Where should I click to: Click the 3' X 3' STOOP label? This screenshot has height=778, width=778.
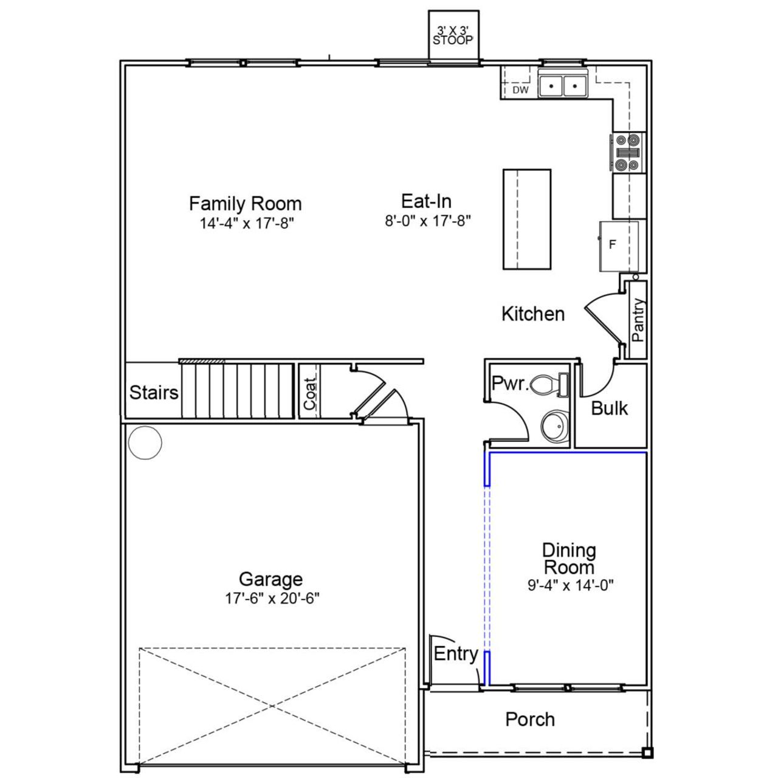coord(453,36)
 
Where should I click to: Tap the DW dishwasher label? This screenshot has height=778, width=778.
coord(520,91)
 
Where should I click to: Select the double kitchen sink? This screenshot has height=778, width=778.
coord(562,86)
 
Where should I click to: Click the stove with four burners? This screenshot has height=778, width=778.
coord(628,152)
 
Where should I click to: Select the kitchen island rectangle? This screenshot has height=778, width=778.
coord(526,219)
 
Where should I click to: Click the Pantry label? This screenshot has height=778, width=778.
coord(638,320)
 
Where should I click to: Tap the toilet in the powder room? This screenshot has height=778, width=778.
coord(549,385)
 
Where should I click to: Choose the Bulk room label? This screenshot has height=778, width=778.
coord(609,408)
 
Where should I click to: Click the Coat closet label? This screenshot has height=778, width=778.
coord(310,393)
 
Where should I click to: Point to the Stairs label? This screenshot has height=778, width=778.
coord(154,393)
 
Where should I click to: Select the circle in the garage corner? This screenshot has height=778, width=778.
coord(145,442)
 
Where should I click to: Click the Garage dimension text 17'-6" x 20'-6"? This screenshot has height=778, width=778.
coord(272,599)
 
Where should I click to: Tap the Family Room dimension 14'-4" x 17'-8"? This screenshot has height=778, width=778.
coord(247,223)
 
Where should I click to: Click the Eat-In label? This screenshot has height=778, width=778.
coord(426,201)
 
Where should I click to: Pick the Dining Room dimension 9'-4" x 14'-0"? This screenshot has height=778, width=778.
coord(570,585)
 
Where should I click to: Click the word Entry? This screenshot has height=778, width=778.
coord(455,654)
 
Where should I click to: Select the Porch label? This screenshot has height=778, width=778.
coord(530,720)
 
